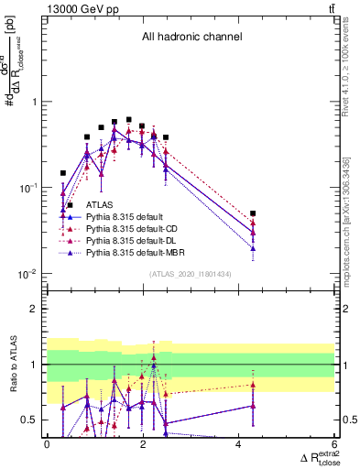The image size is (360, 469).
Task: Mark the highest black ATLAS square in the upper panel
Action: pos(128,119)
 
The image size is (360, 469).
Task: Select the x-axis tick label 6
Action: pos(334,443)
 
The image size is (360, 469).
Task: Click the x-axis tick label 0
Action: pos(48,443)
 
